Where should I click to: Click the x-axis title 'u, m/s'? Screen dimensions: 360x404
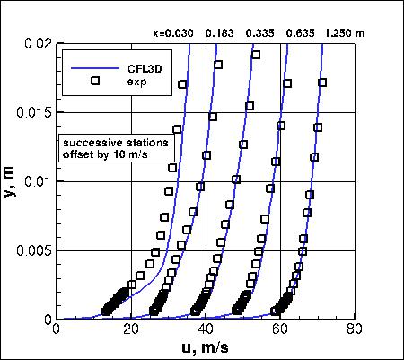tap(206, 347)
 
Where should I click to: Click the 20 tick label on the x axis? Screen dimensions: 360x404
tap(131, 330)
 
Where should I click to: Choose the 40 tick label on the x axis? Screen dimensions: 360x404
tap(206, 330)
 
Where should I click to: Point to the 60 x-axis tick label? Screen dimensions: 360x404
tap(281, 330)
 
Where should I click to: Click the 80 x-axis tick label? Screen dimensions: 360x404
tap(356, 330)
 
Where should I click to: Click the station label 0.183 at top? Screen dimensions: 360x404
tap(220, 34)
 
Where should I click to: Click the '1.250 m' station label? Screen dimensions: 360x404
tap(347, 34)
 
